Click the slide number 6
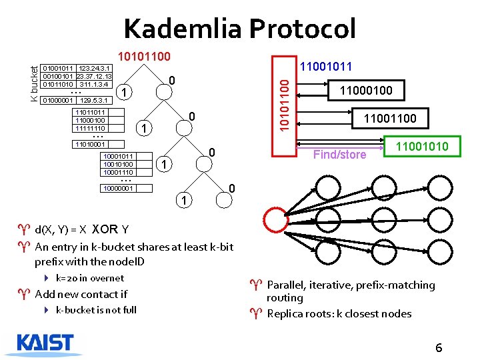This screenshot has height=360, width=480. click(x=439, y=348)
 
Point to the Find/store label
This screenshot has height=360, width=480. click(x=339, y=155)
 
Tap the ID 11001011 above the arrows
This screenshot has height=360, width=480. click(x=327, y=67)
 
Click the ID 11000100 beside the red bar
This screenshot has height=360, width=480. click(x=367, y=90)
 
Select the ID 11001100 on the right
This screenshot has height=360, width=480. click(x=389, y=119)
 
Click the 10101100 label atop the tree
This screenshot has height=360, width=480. click(x=144, y=58)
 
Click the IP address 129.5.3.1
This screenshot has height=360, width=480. click(x=94, y=101)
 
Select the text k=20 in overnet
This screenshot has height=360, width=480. click(x=89, y=278)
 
